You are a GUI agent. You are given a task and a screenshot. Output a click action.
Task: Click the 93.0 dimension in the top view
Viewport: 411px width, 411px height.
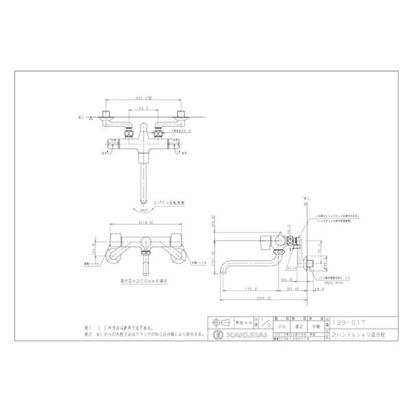click(144, 108)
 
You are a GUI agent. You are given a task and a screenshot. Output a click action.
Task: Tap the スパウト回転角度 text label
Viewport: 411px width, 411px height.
click(164, 203)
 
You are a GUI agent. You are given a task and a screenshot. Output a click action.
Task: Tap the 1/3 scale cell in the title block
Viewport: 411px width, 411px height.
click(265, 323)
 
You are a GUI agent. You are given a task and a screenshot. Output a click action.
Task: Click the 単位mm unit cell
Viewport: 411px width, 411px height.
click(244, 323)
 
